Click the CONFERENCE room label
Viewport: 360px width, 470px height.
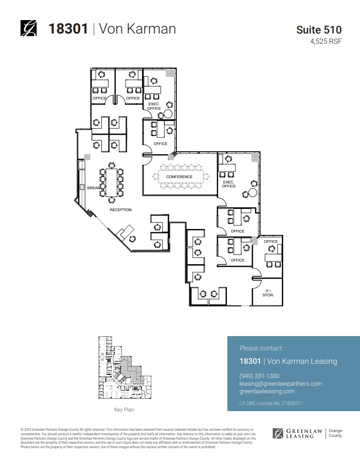[179, 177]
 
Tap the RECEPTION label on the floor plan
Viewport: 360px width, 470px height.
[121, 210]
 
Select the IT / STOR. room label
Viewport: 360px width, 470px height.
[268, 293]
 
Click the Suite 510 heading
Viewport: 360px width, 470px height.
[319, 30]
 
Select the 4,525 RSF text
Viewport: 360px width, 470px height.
[326, 42]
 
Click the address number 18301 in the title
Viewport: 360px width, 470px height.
[68, 29]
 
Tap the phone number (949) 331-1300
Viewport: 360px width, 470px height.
[259, 376]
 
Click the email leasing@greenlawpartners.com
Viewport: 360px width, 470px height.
[280, 384]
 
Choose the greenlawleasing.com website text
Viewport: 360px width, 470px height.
[267, 391]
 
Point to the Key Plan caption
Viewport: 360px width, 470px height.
[124, 410]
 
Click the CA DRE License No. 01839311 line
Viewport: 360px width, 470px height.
[271, 403]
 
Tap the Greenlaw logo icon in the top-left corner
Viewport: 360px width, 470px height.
[29, 29]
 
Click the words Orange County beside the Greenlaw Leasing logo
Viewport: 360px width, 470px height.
[335, 433]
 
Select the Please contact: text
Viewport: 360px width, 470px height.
[261, 348]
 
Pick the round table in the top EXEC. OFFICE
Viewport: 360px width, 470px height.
[167, 114]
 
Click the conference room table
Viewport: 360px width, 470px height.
[181, 177]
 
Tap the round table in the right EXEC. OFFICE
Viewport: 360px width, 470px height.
[253, 193]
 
